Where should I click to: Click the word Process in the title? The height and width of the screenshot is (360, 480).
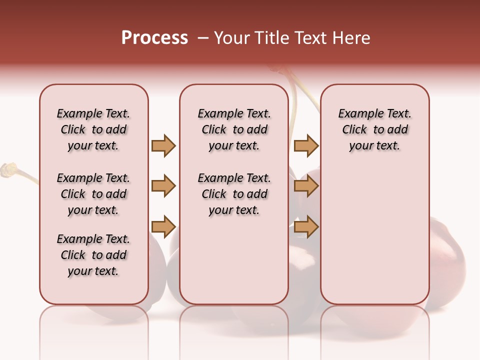pyautogui.click(x=154, y=38)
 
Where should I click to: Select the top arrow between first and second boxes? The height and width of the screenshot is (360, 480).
pyautogui.click(x=163, y=145)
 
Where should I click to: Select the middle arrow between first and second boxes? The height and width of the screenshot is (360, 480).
pyautogui.click(x=163, y=186)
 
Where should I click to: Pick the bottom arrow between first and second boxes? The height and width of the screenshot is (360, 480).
pyautogui.click(x=163, y=227)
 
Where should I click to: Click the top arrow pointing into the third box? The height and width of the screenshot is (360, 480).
pyautogui.click(x=306, y=145)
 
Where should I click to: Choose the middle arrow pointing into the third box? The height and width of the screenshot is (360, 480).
pyautogui.click(x=306, y=186)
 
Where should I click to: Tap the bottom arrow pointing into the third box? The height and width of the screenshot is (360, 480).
pyautogui.click(x=306, y=227)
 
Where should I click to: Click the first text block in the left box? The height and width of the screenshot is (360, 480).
pyautogui.click(x=93, y=129)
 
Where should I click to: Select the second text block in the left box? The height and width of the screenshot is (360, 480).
pyautogui.click(x=93, y=194)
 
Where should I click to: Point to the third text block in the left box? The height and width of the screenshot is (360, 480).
pyautogui.click(x=93, y=255)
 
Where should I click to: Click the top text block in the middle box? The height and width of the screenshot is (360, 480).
pyautogui.click(x=234, y=129)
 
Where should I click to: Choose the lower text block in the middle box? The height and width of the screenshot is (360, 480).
pyautogui.click(x=234, y=194)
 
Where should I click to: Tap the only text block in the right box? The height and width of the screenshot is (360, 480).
pyautogui.click(x=374, y=129)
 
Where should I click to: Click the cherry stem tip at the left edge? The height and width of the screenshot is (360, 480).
pyautogui.click(x=7, y=169)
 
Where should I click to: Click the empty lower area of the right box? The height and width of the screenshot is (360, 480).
pyautogui.click(x=374, y=240)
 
